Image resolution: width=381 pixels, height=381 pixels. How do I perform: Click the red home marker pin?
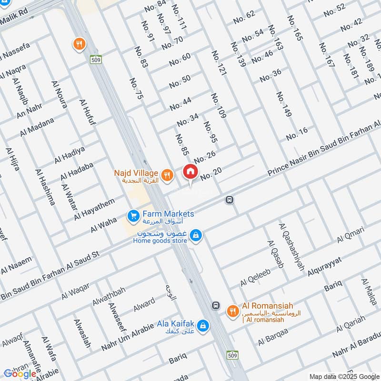190,171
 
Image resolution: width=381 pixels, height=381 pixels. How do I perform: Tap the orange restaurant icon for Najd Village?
166,175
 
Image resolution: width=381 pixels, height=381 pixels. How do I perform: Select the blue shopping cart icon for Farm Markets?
133,216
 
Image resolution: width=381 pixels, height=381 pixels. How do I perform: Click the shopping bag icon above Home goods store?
195,235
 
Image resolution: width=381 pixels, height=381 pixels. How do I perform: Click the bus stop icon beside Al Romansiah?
216,305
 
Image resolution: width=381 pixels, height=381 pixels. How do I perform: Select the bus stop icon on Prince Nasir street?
229,200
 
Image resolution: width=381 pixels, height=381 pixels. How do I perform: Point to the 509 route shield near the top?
94,60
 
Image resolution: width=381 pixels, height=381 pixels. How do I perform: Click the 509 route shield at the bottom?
232,355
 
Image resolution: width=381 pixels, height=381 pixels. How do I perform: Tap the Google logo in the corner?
20,374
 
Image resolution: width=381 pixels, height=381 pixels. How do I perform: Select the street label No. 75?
136,89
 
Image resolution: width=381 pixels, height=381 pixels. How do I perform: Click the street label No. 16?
297,134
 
